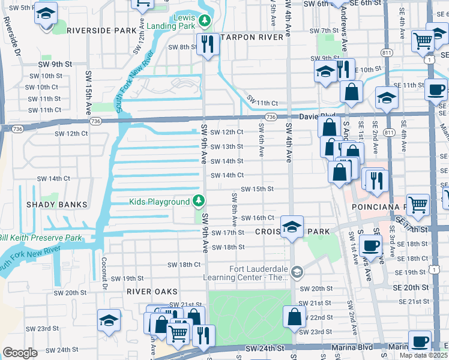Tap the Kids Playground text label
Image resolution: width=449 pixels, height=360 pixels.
[x=159, y=202]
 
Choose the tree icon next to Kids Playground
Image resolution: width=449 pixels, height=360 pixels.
[x=199, y=202]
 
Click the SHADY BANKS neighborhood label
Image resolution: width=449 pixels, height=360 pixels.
[x=57, y=205]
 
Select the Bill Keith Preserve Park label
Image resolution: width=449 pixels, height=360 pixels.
[x=40, y=238]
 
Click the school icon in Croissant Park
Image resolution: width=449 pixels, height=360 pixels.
[x=292, y=227]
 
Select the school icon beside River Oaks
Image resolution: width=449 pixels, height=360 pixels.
[x=109, y=322]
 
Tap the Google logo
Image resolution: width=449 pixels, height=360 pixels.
[x=20, y=353]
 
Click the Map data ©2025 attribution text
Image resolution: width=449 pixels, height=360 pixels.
[x=424, y=355]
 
